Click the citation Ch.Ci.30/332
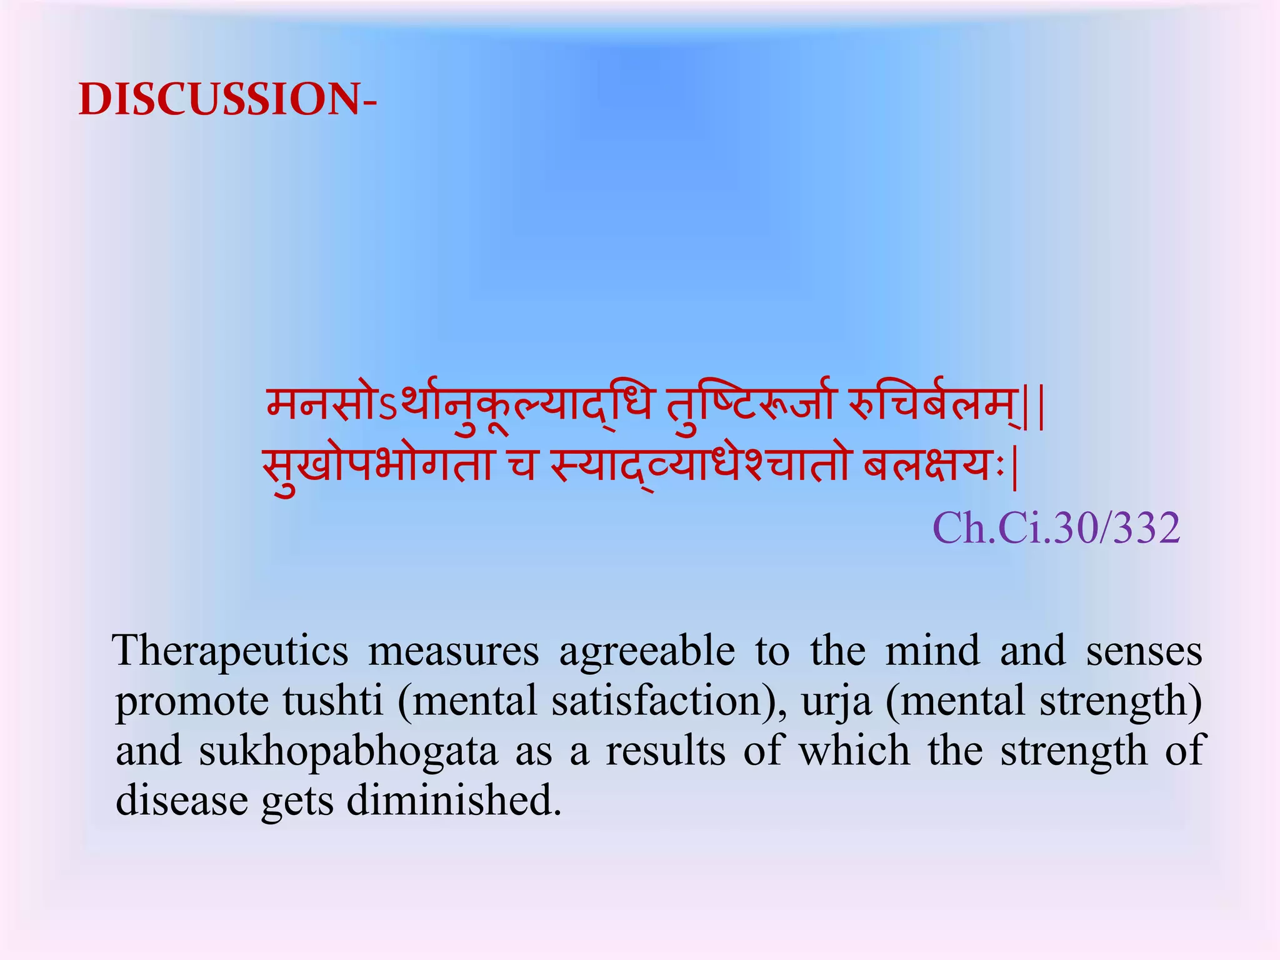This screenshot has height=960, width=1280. (x=1056, y=528)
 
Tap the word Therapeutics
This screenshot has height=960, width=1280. (x=231, y=651)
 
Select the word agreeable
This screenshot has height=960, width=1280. (x=647, y=651)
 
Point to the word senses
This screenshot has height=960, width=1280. (x=1144, y=651)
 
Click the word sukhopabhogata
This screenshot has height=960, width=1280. (x=348, y=751)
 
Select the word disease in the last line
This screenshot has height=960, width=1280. (x=182, y=801)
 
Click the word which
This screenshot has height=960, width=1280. (x=854, y=751)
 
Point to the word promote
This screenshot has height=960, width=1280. (x=192, y=701)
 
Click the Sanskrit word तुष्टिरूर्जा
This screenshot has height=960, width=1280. (x=749, y=405)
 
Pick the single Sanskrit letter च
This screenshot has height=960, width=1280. (x=521, y=466)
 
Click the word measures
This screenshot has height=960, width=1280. (x=453, y=651)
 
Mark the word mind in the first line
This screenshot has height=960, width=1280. (x=932, y=651)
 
